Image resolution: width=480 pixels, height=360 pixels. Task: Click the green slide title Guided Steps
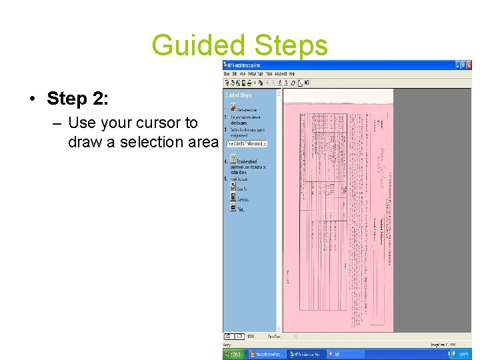click(x=240, y=46)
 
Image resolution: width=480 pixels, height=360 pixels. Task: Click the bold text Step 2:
click(x=77, y=99)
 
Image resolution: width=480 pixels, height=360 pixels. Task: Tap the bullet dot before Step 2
click(x=32, y=99)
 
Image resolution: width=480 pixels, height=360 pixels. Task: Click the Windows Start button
click(x=234, y=355)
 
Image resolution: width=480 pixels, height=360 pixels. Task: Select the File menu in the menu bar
click(x=227, y=73)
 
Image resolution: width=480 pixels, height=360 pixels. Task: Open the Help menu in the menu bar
click(x=292, y=73)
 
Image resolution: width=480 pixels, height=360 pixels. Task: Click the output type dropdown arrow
click(x=265, y=143)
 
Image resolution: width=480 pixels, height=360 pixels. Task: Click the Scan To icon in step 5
click(x=233, y=187)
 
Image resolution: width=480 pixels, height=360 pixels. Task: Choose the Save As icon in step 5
click(x=233, y=197)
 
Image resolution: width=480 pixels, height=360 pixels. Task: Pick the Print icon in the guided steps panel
click(x=233, y=207)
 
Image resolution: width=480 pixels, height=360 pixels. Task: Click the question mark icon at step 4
click(x=233, y=159)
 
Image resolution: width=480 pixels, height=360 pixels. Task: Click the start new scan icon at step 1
click(x=233, y=107)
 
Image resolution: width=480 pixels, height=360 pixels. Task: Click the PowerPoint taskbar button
click(x=267, y=355)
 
